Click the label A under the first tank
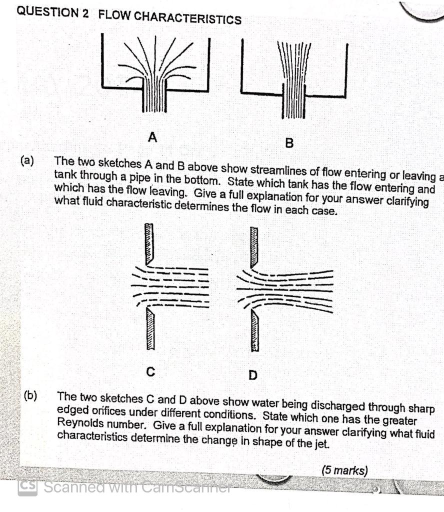[153, 136]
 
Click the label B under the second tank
[288, 144]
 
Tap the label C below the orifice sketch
[149, 371]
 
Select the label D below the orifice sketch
[253, 374]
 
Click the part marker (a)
[27, 161]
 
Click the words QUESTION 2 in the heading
[52, 12]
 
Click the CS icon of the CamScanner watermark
[27, 488]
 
